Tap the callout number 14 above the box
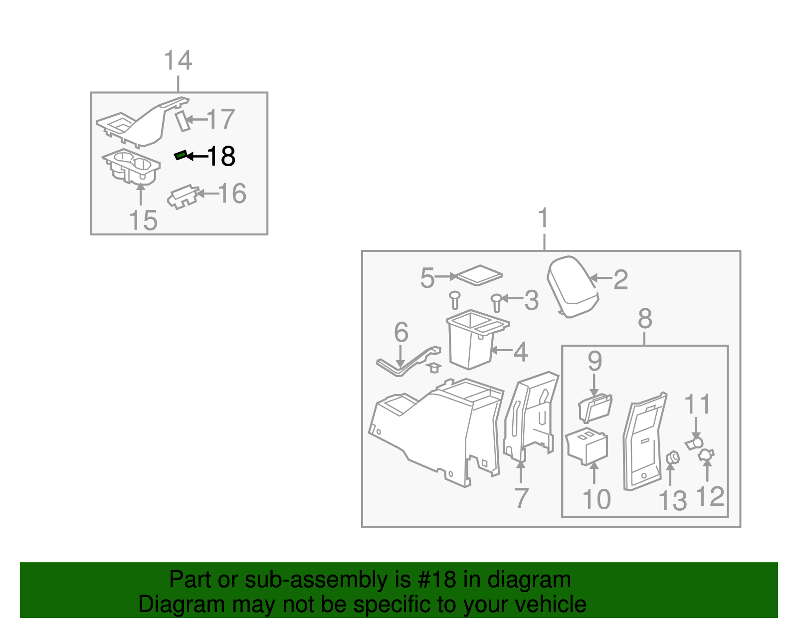point(178,61)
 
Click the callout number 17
point(220,119)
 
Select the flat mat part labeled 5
point(479,274)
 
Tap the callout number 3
point(531,300)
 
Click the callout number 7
point(521,498)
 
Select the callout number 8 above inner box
point(645,319)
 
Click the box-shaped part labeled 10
point(588,447)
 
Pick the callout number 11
point(697,404)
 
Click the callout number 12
point(710,496)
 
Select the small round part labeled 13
point(672,457)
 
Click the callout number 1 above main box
point(544,218)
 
